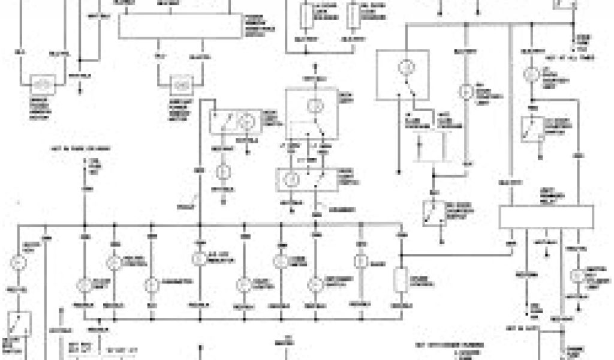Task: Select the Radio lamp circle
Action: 360,261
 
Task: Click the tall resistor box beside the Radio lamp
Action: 400,281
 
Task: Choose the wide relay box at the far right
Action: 546,217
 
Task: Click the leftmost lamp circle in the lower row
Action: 18,262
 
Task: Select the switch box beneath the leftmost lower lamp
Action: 18,325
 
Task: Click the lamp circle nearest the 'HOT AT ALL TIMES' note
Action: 530,74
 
